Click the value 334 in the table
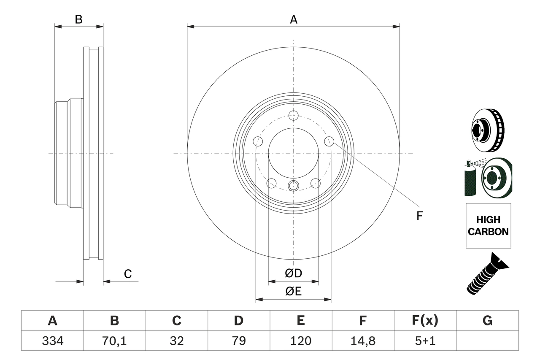(52, 341)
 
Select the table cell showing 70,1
(114, 341)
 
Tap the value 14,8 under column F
(362, 341)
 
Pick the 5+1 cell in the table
(424, 341)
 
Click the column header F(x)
(424, 321)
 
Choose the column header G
(487, 321)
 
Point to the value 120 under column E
(300, 341)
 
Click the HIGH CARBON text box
(488, 226)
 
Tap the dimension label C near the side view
(128, 274)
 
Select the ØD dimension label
(294, 273)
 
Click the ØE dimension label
(294, 292)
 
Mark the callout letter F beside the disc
(419, 216)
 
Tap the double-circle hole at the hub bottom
(294, 185)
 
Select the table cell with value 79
(238, 341)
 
